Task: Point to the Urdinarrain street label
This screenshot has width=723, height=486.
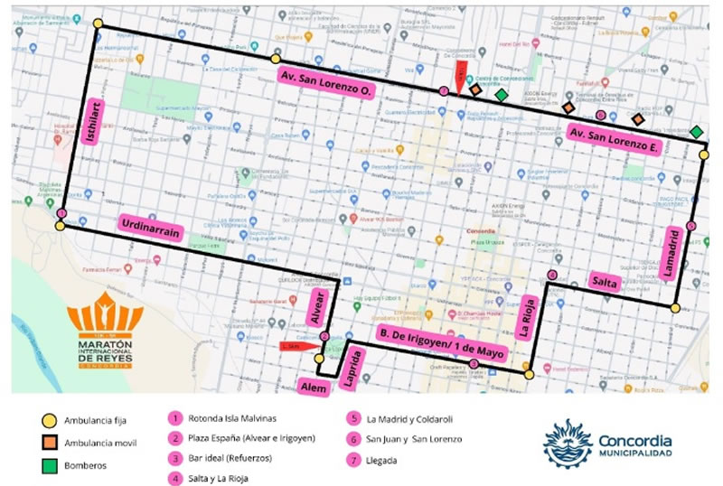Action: pos(153,228)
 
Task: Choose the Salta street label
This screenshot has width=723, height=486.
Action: pos(604,282)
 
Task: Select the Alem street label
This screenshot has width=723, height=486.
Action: pos(314,387)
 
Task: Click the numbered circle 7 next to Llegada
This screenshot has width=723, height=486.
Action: pos(352,462)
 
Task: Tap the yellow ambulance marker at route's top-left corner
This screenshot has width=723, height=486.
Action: pos(98,24)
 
